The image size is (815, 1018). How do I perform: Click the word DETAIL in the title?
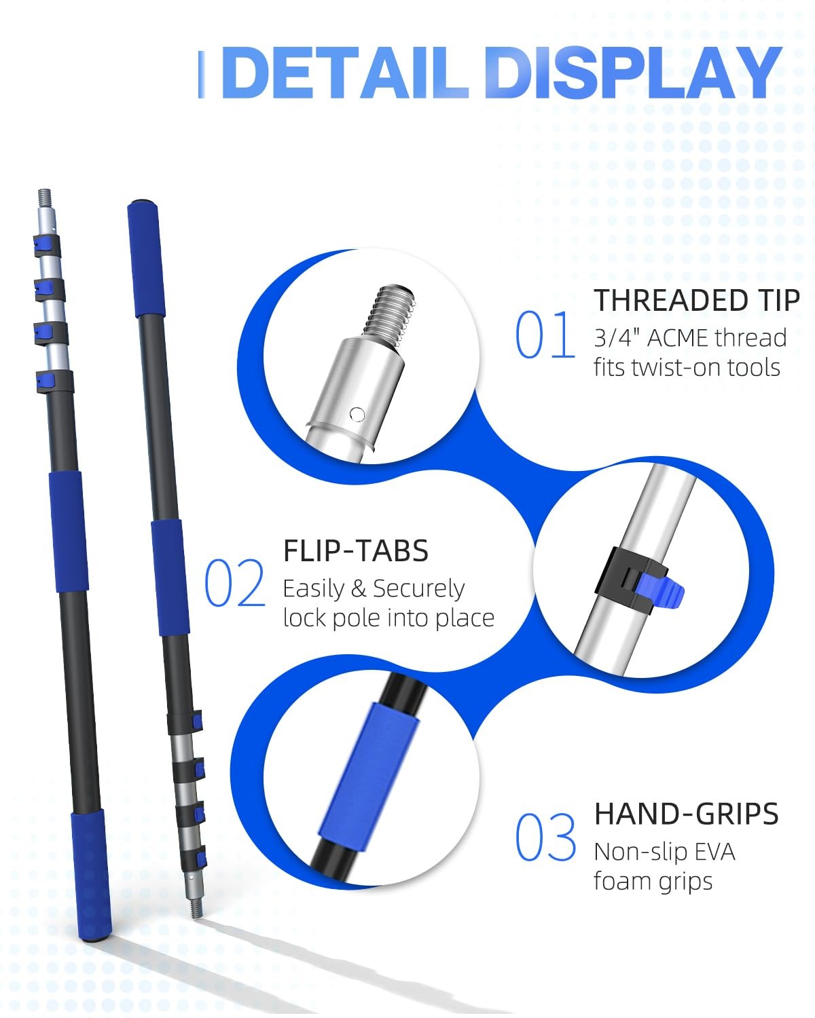(x=345, y=73)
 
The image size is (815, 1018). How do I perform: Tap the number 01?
(x=545, y=335)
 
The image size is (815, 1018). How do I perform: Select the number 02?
(x=234, y=583)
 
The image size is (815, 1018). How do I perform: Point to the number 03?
(x=545, y=837)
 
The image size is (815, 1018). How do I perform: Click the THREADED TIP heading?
(x=697, y=300)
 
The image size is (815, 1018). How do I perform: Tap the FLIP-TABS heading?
(x=356, y=550)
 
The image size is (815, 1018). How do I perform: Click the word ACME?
(x=677, y=338)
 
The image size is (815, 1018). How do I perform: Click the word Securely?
(x=418, y=589)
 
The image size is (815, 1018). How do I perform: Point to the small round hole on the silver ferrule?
(x=357, y=415)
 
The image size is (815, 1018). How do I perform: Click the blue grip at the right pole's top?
(x=146, y=259)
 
